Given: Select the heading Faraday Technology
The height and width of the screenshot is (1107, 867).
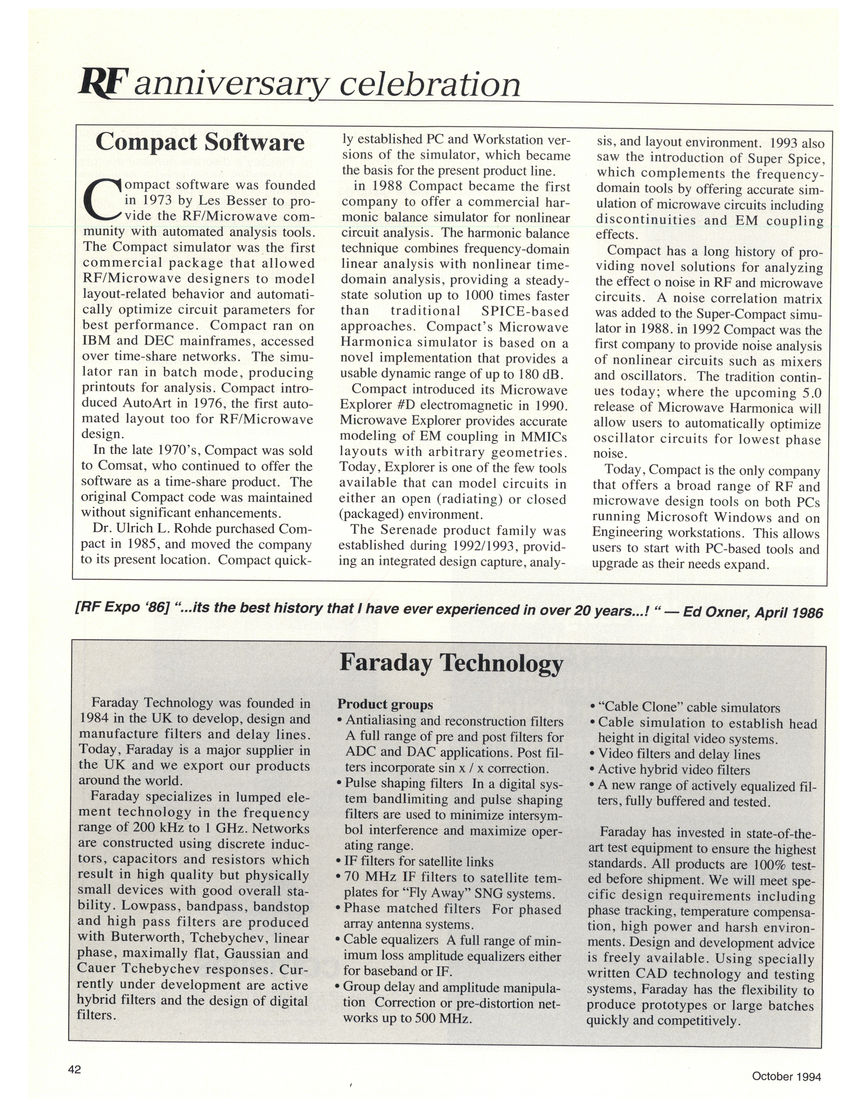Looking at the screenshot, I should pyautogui.click(x=451, y=663).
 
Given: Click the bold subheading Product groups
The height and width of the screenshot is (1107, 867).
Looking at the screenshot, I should pyautogui.click(x=385, y=704).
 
